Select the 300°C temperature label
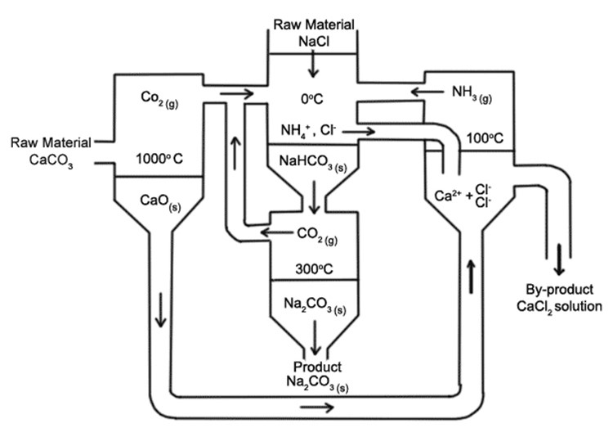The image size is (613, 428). (x=314, y=267)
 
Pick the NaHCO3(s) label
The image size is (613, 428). (x=314, y=161)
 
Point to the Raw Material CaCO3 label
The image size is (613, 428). (x=49, y=151)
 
